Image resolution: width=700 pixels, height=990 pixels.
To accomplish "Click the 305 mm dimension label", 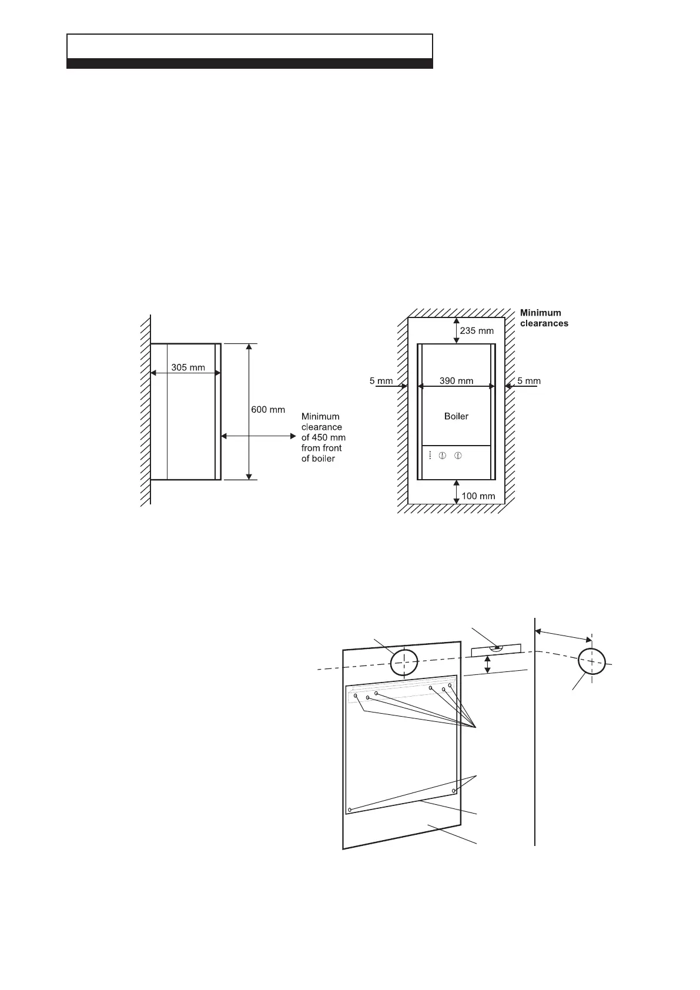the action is pyautogui.click(x=188, y=367).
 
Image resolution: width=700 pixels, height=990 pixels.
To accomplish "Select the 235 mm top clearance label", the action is pyautogui.click(x=477, y=330).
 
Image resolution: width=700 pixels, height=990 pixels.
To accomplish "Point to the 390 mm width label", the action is pyautogui.click(x=456, y=380).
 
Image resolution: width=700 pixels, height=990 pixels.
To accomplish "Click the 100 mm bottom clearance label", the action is pyautogui.click(x=478, y=496).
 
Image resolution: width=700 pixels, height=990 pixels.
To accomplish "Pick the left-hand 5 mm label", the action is pyautogui.click(x=381, y=380).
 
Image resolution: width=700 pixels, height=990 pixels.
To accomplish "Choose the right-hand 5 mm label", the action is pyautogui.click(x=529, y=380).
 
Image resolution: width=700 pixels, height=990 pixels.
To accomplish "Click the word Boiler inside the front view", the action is pyautogui.click(x=456, y=416).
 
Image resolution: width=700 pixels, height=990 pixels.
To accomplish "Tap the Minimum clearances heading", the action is pyautogui.click(x=544, y=318).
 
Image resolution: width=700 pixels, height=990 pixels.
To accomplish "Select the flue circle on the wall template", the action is pyautogui.click(x=404, y=662).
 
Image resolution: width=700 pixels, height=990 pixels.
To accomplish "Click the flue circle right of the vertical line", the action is pyautogui.click(x=591, y=661).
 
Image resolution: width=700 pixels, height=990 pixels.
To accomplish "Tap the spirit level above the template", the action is pyautogui.click(x=497, y=650).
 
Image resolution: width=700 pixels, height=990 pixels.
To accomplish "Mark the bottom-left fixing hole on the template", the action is pyautogui.click(x=350, y=810).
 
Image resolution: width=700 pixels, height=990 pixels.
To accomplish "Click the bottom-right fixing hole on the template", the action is pyautogui.click(x=454, y=791).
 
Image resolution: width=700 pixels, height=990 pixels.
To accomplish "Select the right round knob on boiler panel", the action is pyautogui.click(x=458, y=455).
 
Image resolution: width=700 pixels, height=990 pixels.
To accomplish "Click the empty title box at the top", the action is pyautogui.click(x=250, y=46).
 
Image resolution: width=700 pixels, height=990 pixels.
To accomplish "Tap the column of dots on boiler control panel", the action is pyautogui.click(x=431, y=455).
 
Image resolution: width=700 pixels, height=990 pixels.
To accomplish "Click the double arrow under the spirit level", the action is pyautogui.click(x=487, y=665).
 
